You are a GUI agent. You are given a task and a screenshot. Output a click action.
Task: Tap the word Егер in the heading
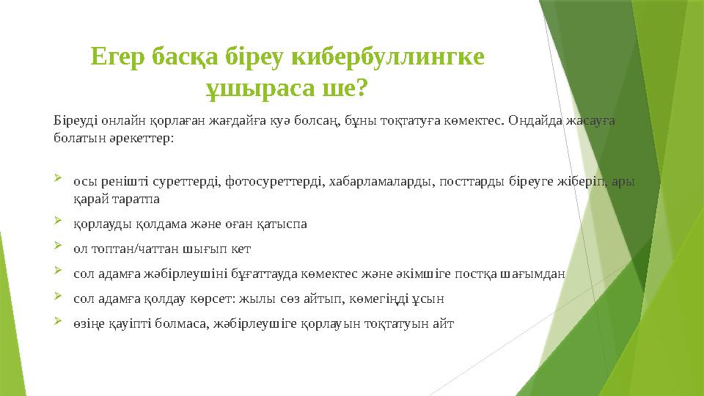pos(117,56)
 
